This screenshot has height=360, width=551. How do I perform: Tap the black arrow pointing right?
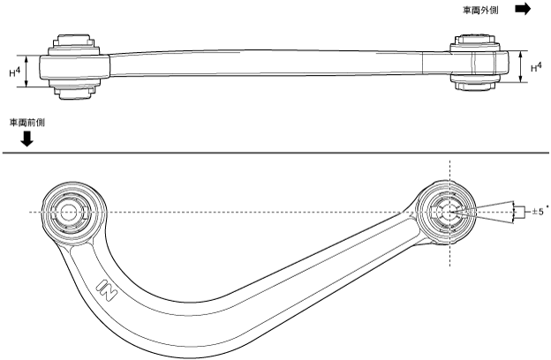click(523, 9)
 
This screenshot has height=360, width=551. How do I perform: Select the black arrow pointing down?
click(27, 139)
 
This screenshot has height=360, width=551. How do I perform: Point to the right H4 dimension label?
click(536, 66)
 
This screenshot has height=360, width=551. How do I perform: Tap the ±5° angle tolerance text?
click(537, 212)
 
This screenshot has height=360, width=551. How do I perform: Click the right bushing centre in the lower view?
click(448, 212)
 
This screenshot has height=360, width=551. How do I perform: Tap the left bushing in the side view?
click(72, 64)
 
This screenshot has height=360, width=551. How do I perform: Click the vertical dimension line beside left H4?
click(28, 71)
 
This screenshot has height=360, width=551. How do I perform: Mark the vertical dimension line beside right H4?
click(521, 66)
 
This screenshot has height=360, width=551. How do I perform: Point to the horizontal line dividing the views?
click(275, 154)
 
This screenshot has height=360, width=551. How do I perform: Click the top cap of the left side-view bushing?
click(72, 41)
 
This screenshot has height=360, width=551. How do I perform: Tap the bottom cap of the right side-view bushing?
click(474, 83)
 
